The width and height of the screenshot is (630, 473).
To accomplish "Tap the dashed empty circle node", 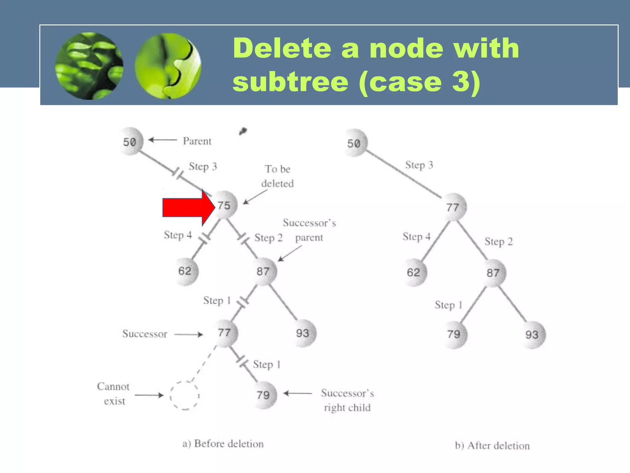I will click(185, 396).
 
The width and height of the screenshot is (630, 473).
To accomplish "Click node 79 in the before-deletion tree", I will click(263, 395).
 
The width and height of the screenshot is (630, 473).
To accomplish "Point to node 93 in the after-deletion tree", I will click(532, 335).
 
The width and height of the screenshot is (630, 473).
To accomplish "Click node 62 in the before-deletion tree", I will click(185, 271).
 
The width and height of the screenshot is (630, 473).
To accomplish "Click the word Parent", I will click(197, 141).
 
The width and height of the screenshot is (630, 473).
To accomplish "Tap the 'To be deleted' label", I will click(277, 176).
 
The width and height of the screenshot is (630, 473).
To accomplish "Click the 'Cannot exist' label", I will click(114, 394).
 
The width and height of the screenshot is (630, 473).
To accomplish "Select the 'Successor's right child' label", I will click(347, 400).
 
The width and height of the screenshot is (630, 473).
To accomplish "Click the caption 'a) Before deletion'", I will click(223, 444).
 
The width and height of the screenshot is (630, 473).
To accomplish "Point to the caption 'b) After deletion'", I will click(492, 446).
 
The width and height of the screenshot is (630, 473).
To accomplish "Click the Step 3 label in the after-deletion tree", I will click(419, 165).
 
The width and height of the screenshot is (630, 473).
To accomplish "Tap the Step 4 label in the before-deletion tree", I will click(178, 235).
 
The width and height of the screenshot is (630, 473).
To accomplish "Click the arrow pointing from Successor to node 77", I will click(188, 334).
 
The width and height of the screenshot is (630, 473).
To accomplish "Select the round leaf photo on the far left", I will click(89, 66).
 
